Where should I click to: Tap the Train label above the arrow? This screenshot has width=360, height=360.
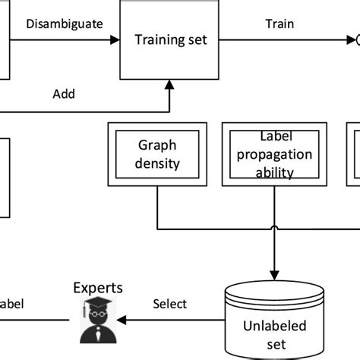[279, 24]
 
